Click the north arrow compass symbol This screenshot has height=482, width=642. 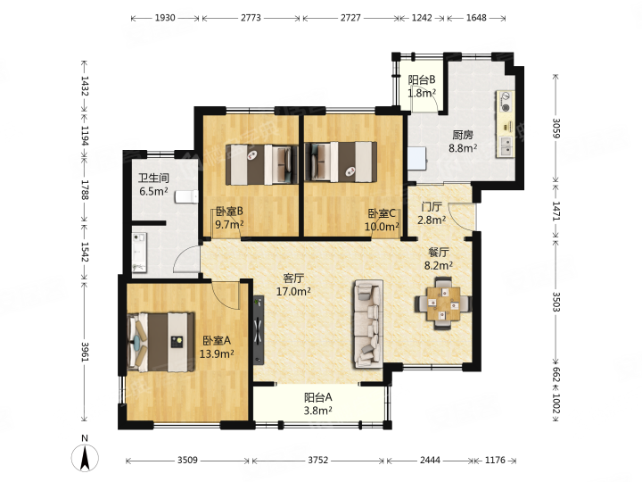coord(85,458)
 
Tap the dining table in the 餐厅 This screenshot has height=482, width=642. coord(443,303)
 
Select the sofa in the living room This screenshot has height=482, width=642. coord(369,324)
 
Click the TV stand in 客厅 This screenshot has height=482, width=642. coord(259,330)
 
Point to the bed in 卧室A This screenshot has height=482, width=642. coord(160,342)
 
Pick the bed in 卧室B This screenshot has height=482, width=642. coord(261,163)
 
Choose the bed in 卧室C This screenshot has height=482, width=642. coord(341,162)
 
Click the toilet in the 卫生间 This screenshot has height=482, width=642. coord(187,196)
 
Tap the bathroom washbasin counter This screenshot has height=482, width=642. coord(139,253)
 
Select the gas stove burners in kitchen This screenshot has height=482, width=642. coord(506,103)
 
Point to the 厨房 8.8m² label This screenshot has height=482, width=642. coord(463,141)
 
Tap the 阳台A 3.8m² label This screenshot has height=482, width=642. coord(318,403)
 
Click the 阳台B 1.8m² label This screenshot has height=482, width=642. coord(422,86)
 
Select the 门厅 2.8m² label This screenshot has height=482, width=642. coord(432,213)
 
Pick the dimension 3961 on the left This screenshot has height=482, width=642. coord(85,352)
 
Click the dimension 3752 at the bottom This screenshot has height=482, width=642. coord(318,460)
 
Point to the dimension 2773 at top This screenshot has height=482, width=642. coord(251,18)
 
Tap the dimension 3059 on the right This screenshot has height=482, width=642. coord(556,129)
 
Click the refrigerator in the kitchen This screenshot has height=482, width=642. coord(417,158)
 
